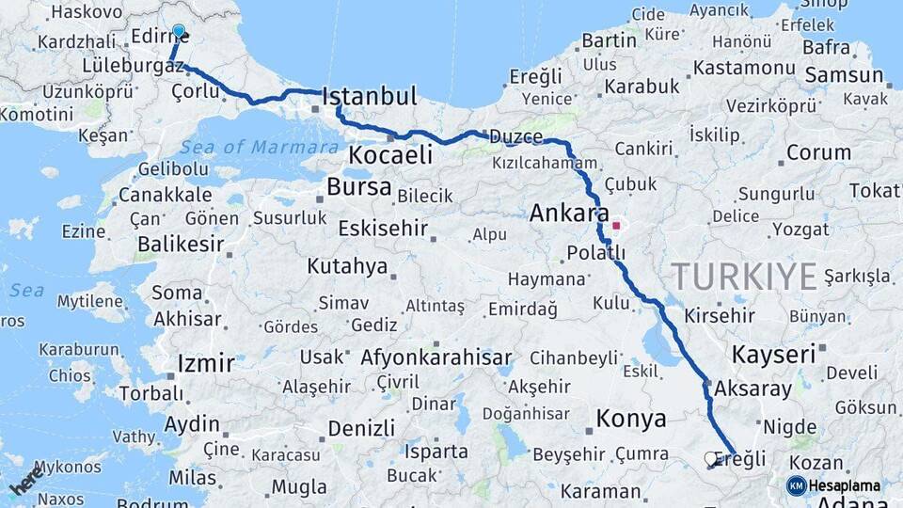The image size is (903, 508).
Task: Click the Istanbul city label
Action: pos(369,96)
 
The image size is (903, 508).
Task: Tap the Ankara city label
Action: pos(569,213)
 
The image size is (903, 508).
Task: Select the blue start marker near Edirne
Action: pos(180,31)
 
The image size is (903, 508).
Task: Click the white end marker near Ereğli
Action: pos(711,458)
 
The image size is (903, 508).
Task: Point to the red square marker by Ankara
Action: pos(616,226)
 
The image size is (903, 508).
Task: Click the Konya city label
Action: pos(631,419)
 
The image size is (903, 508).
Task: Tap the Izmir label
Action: pos(205,363)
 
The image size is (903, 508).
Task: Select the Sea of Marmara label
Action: pos(259,147)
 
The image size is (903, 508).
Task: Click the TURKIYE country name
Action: pos(743,277)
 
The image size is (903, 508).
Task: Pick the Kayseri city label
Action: pos(772,355)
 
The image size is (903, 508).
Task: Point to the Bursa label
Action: pos(358,187)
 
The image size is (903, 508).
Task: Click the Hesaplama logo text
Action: pos(844,485)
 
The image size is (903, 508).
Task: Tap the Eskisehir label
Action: pos(383,229)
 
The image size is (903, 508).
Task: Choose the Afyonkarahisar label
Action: pos(436,357)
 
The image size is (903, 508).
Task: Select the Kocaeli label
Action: pos(390,155)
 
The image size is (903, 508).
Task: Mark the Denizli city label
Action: pos(361,429)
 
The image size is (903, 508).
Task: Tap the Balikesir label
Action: pos(181,245)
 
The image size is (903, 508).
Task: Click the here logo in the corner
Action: pos(26,479)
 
